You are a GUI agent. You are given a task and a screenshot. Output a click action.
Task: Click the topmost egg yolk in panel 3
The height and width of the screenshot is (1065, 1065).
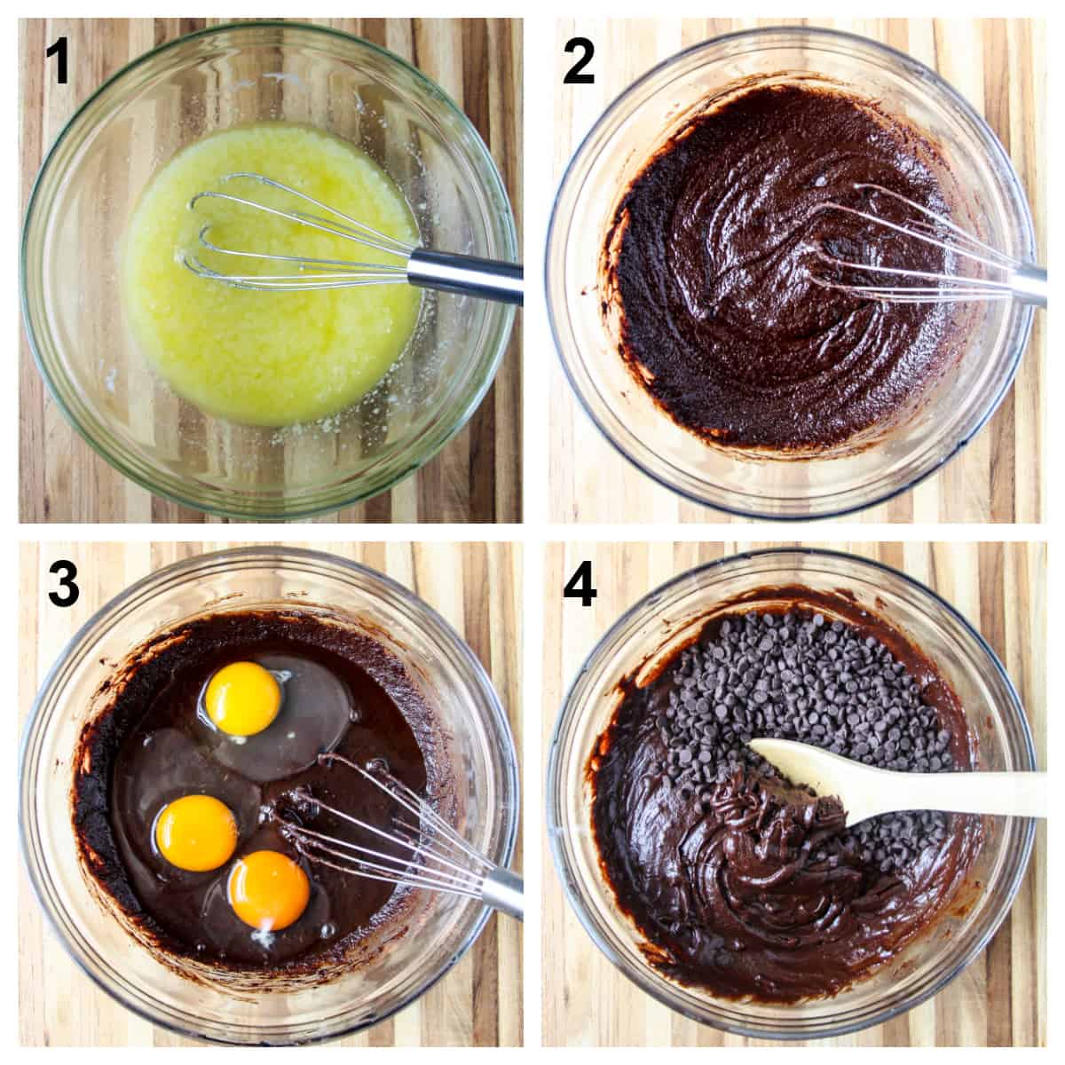pos(243,698)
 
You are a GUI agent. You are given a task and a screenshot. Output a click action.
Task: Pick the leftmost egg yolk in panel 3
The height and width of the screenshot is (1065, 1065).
pos(195,832)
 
